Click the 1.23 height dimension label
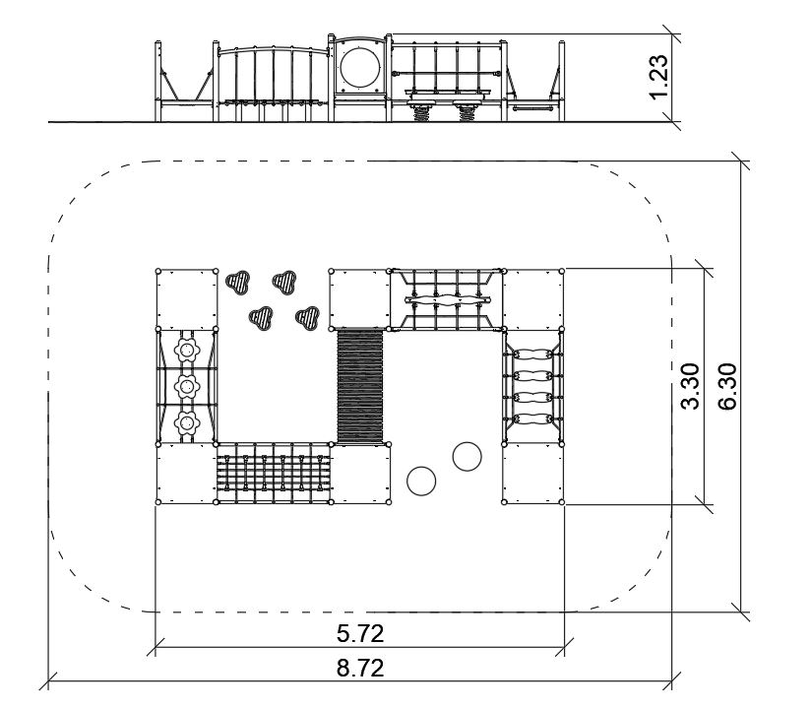[659, 77]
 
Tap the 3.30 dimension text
[690, 386]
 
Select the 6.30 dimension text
[727, 386]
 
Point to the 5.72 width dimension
[360, 633]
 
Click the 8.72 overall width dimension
[360, 669]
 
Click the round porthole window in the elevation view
[359, 67]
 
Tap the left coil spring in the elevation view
[421, 113]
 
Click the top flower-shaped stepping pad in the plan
[187, 350]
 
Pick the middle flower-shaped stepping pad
[187, 386]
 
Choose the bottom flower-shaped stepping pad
[187, 423]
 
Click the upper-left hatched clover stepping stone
[238, 282]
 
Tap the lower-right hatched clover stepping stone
[308, 317]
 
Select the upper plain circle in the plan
[468, 457]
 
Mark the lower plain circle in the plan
[421, 481]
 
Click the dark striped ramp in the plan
[360, 386]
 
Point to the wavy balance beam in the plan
[447, 300]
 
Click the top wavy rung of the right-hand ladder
[532, 355]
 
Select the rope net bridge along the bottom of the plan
[274, 473]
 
